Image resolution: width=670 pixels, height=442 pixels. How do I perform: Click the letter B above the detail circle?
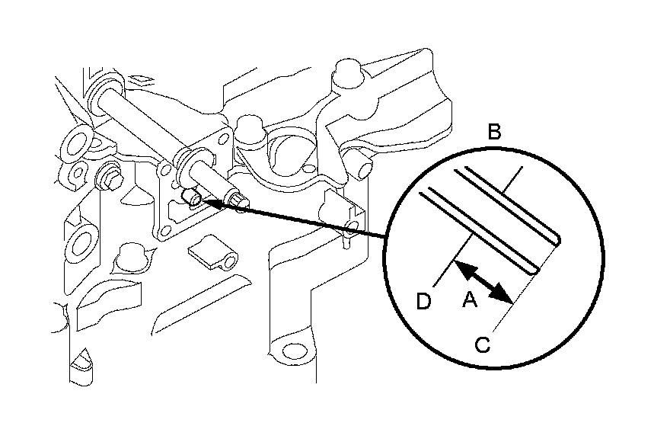click(493, 133)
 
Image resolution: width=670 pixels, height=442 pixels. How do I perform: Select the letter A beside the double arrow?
click(471, 303)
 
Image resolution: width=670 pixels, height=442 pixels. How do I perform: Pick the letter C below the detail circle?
click(482, 344)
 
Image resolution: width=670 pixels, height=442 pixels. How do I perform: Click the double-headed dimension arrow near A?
click(480, 280)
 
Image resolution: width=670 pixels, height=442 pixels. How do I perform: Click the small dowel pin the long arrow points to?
click(193, 200)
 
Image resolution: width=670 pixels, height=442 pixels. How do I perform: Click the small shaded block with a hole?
click(212, 253)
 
